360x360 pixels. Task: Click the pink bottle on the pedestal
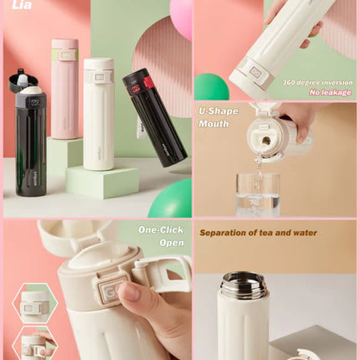(x=64, y=92)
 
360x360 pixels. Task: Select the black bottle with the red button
(x=144, y=117)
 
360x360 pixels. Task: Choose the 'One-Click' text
(x=161, y=229)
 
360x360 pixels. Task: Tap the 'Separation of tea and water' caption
(x=258, y=232)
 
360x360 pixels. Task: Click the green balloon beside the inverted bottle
(x=211, y=87)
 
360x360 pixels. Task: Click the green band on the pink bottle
(x=64, y=55)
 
